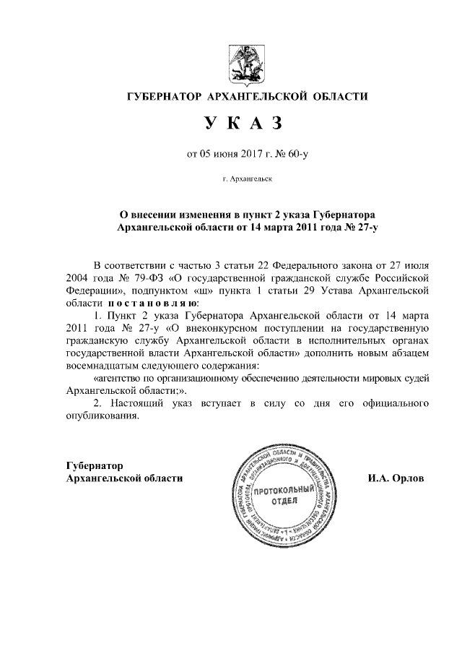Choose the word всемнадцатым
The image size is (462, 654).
95,366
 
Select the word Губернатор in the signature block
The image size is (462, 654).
95,465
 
